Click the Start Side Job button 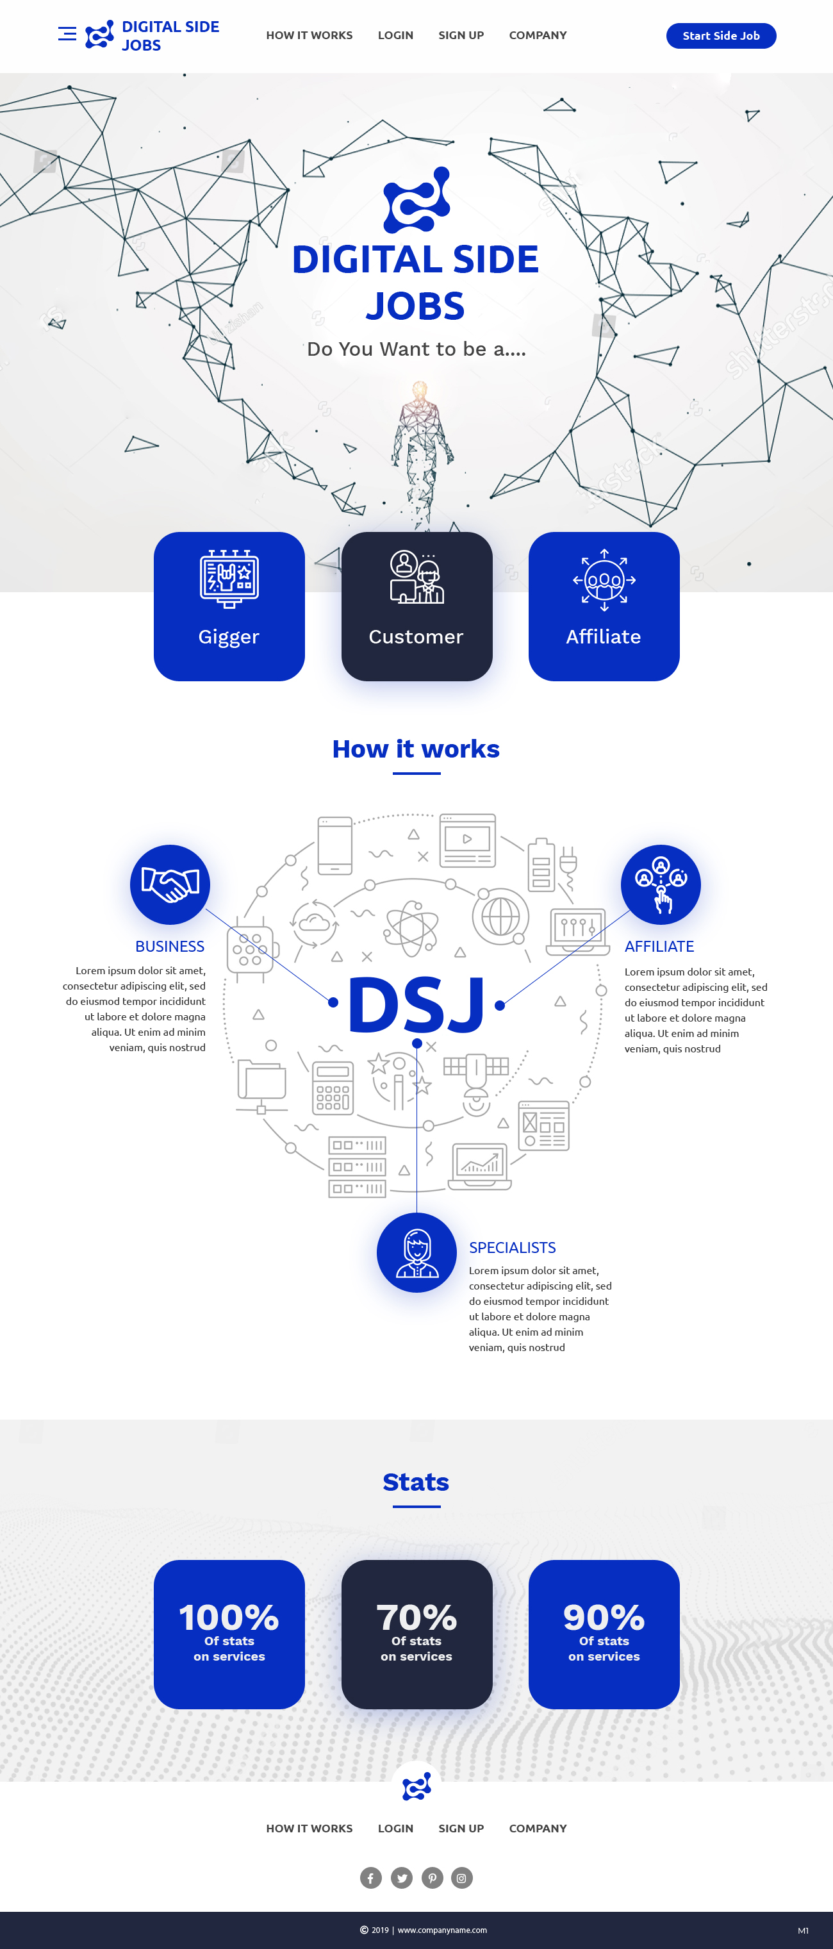tap(720, 35)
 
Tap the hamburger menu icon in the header tap(67, 33)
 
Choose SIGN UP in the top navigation tap(461, 35)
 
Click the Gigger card tap(229, 606)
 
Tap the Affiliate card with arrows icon tap(604, 606)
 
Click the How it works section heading tap(416, 749)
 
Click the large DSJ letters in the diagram tap(416, 1005)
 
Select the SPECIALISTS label tap(512, 1248)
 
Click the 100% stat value tap(229, 1617)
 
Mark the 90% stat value tap(604, 1617)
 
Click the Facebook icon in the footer tap(371, 1877)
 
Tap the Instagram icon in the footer tap(461, 1877)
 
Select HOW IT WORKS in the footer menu tap(309, 1828)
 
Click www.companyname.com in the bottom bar tap(442, 1929)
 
